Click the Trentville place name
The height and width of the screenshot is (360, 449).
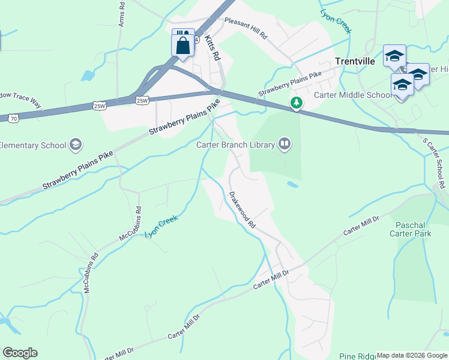pos(354,61)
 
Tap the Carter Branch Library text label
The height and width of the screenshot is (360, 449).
pos(235,144)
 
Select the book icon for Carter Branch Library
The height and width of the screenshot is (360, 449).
pos(285,144)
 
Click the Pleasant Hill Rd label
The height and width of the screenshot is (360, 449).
pos(246,28)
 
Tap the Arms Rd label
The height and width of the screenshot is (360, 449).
pos(122,14)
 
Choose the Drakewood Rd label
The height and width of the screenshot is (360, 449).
pos(243,209)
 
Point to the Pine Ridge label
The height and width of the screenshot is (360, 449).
pos(358,356)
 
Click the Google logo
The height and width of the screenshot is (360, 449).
pos(20,353)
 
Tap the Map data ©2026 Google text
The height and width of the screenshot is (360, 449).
pos(412,355)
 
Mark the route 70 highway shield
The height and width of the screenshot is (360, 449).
pos(13,119)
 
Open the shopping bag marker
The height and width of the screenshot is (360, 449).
pos(183,44)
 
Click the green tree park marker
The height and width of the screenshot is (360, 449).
pos(296,103)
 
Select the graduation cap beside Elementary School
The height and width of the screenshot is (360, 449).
pos(76,145)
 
